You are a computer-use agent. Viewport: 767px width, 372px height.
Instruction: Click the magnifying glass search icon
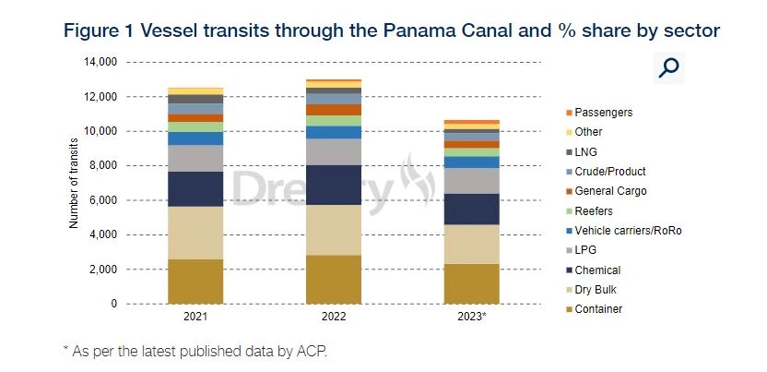point(669,67)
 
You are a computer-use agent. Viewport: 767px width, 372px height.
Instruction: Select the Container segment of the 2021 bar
point(195,281)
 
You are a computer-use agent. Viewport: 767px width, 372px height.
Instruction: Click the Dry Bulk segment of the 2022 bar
point(334,230)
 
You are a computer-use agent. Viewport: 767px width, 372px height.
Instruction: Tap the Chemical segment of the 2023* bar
point(471,209)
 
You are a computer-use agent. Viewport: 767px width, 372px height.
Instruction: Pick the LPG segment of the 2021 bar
point(195,159)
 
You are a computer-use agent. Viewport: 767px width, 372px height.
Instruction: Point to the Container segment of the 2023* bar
point(471,283)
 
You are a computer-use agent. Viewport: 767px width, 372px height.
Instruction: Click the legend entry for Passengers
point(603,112)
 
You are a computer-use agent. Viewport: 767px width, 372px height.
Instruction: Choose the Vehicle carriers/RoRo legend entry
point(627,230)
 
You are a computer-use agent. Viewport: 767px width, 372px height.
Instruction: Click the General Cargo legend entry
point(610,191)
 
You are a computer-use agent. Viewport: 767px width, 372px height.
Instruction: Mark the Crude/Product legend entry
point(609,171)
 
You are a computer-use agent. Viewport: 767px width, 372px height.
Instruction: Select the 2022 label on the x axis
point(334,317)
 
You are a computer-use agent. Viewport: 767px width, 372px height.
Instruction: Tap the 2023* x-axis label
point(471,317)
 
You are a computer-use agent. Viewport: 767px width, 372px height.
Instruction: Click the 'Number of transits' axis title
point(74,183)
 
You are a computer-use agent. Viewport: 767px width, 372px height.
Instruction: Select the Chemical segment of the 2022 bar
point(334,185)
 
